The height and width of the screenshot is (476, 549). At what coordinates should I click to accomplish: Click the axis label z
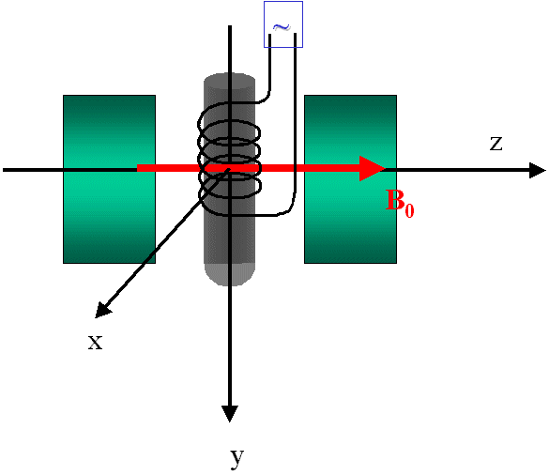(x=496, y=144)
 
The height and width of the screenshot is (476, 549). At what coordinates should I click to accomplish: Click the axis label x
(x=95, y=342)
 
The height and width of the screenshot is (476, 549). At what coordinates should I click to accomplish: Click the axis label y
(x=237, y=457)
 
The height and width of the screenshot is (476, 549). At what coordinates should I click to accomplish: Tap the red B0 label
(x=400, y=203)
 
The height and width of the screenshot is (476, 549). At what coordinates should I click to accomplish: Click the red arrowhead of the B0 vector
(x=373, y=168)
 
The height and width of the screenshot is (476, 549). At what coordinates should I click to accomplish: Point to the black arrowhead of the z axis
(x=538, y=170)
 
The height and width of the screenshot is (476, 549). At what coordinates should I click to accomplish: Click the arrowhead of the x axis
(x=103, y=311)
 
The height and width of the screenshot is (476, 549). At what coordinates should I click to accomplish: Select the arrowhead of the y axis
(x=230, y=414)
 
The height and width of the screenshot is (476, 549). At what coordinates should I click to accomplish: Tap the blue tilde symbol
(x=282, y=27)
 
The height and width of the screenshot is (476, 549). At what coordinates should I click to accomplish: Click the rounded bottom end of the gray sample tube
(x=229, y=274)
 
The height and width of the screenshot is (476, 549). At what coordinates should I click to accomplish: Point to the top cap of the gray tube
(x=229, y=78)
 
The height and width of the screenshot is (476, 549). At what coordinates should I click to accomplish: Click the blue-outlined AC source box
(x=283, y=24)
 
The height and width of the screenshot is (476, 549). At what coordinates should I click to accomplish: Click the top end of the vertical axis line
(x=230, y=26)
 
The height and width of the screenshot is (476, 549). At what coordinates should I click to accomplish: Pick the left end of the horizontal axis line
(x=4, y=170)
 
